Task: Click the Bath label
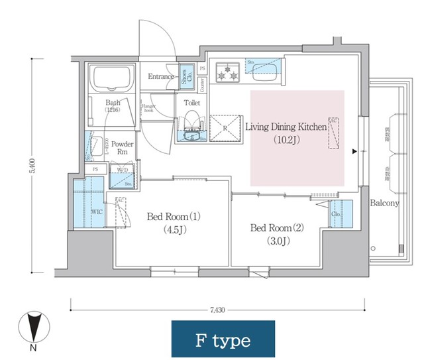[x=113, y=103]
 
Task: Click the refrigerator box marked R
[x=225, y=127]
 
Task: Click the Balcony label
[x=384, y=203]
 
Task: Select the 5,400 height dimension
[x=31, y=166]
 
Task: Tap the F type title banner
[x=223, y=340]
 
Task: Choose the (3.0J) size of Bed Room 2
[x=277, y=241]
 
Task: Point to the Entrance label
[x=161, y=76]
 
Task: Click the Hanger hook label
[x=148, y=107]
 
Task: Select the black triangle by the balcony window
[x=355, y=152]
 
